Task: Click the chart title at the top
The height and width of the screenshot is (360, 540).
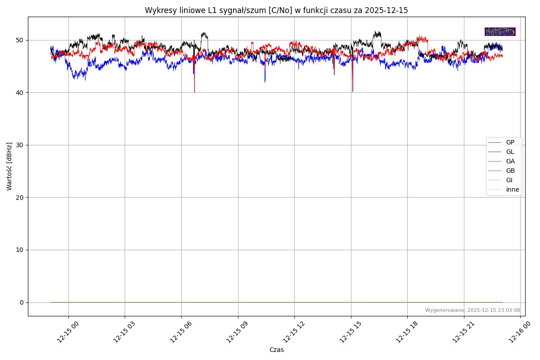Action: [276, 10]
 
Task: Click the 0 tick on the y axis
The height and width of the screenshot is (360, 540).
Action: [21, 302]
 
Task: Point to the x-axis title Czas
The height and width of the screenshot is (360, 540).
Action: [276, 350]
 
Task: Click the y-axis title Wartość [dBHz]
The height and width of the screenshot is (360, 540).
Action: [9, 166]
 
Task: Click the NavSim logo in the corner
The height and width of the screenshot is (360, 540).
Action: [500, 31]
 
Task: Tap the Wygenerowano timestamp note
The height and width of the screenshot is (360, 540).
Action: [472, 310]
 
